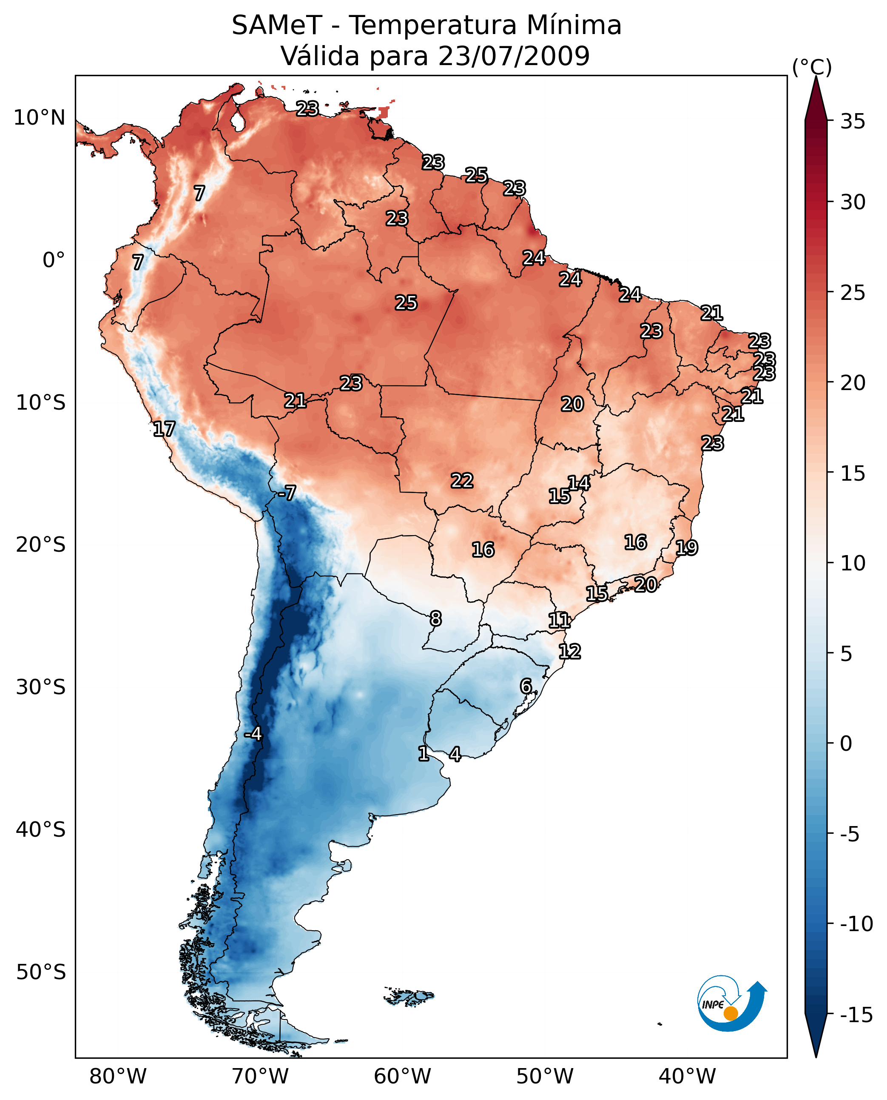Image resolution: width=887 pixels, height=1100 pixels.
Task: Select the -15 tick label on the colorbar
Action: [x=856, y=1015]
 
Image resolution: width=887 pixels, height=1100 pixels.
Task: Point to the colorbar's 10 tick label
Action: [x=853, y=563]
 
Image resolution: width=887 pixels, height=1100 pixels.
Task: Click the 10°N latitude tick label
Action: [x=40, y=117]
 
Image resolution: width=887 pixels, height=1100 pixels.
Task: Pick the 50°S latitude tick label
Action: [x=41, y=972]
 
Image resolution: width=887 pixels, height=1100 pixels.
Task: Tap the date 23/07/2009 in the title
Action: [x=514, y=56]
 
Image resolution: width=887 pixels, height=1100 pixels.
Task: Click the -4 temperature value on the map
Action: [x=253, y=734]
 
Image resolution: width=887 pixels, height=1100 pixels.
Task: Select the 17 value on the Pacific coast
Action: [x=164, y=429]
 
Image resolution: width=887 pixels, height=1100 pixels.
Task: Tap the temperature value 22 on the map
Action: [x=462, y=481]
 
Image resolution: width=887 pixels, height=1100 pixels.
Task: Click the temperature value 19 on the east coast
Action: [x=686, y=548]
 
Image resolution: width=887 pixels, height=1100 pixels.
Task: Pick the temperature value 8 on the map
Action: [x=435, y=619]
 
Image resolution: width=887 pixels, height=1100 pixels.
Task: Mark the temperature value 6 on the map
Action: [x=526, y=686]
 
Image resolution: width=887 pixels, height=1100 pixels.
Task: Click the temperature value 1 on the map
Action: [x=423, y=753]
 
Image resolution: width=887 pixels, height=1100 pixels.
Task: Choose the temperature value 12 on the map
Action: [x=570, y=652]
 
